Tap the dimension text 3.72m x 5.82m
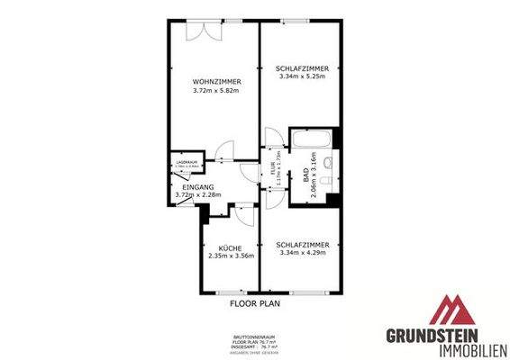pos(214,90)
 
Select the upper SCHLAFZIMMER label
pos(302,67)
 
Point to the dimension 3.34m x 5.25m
pos(302,76)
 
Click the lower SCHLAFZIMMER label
pos(302,244)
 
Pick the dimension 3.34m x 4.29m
pos(302,253)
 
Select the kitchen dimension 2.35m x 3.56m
pos(231,256)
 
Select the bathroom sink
pos(330,162)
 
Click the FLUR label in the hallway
pos(271,167)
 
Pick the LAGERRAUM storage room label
pos(187,162)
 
